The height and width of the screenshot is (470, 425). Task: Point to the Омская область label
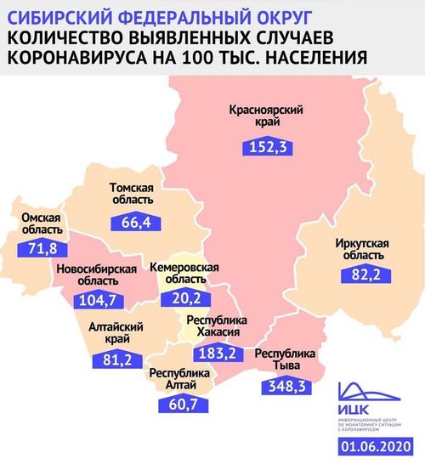point(39,224)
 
